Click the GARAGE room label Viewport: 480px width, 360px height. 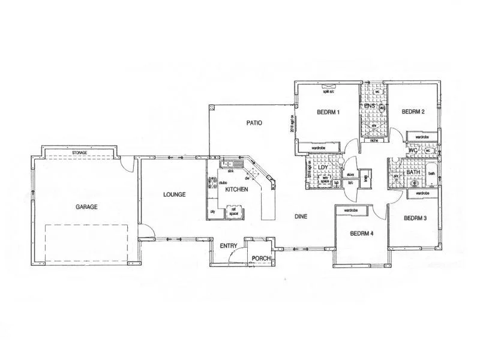coord(86,206)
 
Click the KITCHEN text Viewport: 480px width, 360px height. coord(237,190)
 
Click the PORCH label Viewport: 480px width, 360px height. coord(261,259)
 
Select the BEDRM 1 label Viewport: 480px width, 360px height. coord(328,112)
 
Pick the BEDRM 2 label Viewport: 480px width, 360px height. coord(413,112)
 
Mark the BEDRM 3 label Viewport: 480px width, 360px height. coord(415,218)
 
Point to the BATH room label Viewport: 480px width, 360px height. coord(413,172)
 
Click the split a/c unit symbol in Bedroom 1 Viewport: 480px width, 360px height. coord(329,86)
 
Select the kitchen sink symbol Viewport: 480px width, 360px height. coord(229,164)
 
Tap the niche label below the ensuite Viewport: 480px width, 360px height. coord(373,141)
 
